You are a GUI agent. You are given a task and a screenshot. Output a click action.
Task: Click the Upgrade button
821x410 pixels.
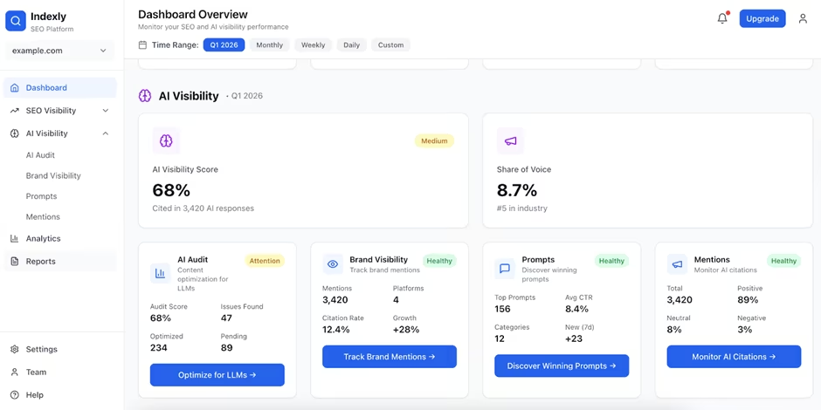[762, 18]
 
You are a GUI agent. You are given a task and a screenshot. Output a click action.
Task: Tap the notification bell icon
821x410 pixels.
[722, 18]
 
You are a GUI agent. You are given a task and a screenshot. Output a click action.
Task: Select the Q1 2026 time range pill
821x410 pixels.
[224, 44]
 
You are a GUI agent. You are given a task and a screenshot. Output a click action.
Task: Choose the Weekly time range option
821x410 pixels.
[313, 44]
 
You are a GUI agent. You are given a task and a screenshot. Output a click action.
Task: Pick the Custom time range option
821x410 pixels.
[390, 44]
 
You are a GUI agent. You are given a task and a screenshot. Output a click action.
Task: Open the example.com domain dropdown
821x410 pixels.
[59, 51]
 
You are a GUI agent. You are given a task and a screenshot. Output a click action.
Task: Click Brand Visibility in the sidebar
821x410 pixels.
[53, 175]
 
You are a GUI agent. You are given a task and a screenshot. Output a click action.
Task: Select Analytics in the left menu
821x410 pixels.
[43, 238]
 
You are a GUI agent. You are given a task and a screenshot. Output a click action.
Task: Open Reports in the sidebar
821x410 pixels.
[40, 261]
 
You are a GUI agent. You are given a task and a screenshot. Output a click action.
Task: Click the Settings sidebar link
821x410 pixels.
[41, 349]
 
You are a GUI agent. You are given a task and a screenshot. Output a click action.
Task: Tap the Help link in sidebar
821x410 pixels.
[34, 394]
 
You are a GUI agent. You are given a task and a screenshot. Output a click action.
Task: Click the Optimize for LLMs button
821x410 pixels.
[217, 375]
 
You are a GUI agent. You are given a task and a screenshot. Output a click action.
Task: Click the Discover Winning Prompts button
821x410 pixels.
[562, 366]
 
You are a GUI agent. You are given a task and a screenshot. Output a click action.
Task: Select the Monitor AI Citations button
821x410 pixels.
[734, 357]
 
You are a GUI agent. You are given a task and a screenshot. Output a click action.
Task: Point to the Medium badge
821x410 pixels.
[434, 140]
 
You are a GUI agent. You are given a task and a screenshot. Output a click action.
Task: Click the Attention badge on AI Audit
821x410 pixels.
[265, 261]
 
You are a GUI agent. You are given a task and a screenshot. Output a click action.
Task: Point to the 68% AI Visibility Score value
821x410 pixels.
[171, 190]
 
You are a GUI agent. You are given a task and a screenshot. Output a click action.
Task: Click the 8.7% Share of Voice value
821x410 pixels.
[518, 190]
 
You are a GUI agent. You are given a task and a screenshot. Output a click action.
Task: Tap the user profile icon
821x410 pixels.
[803, 18]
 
